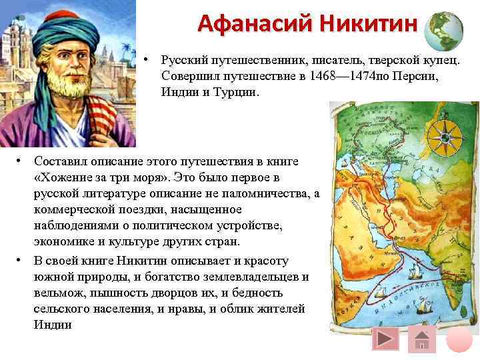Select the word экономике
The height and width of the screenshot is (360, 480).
(63, 242)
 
